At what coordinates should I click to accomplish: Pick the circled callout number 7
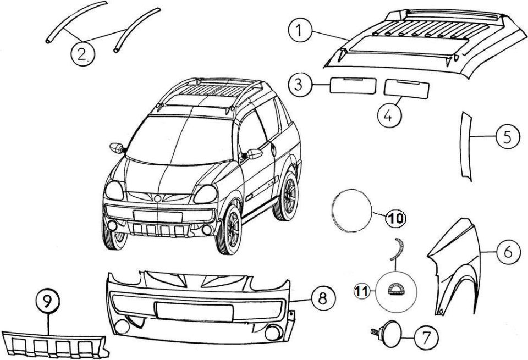pos(426,337)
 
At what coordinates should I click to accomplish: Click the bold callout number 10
pos(395,218)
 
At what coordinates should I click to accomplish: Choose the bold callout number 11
pos(362,291)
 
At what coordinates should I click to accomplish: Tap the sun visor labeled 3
pos(353,86)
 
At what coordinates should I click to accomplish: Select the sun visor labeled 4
pos(406,89)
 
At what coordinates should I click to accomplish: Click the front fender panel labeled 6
pos(455,266)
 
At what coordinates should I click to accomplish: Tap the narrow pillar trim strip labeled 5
pos(465,146)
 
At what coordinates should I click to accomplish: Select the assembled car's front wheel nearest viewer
pos(229,230)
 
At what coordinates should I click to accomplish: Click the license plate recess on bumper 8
pos(194,311)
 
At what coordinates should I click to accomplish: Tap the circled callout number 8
pos(323,298)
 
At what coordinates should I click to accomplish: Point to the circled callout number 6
pos(508,252)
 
